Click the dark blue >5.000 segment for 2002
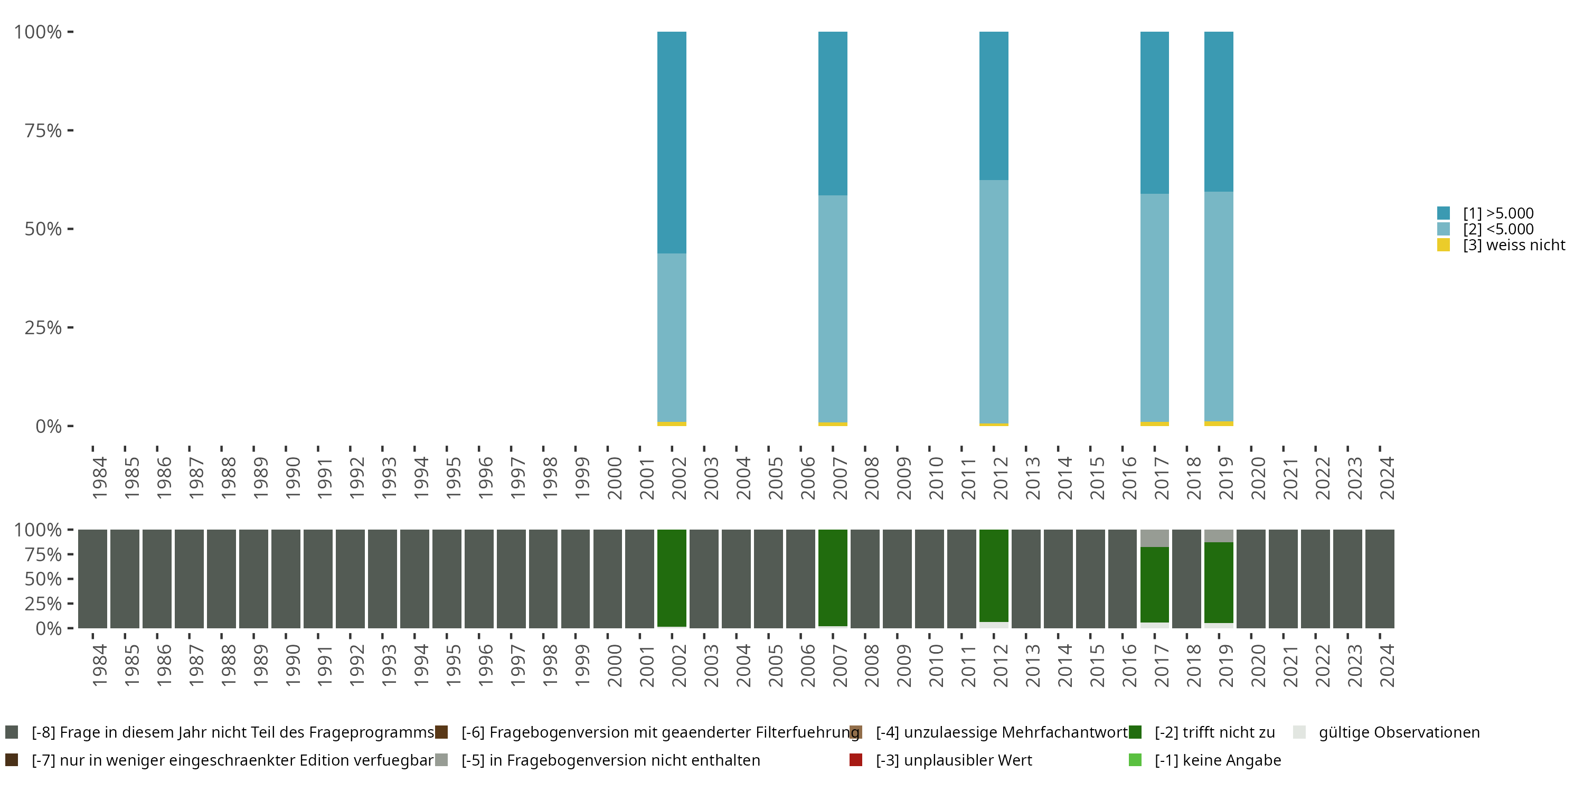(672, 142)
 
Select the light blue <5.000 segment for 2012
(994, 301)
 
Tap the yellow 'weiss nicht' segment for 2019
(1218, 423)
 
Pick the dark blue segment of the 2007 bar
(833, 114)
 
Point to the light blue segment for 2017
(1154, 307)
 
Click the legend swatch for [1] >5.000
(1443, 213)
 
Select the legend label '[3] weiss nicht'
(1513, 246)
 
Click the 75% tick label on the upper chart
(43, 130)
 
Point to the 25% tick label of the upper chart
(43, 328)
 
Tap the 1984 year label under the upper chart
(99, 478)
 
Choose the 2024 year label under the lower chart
(1387, 665)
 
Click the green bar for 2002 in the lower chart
(672, 578)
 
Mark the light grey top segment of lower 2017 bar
(1154, 538)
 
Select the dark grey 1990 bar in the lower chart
(286, 578)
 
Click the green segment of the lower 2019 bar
(1218, 582)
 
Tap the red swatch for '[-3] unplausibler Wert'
(855, 760)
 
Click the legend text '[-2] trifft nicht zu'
(1214, 732)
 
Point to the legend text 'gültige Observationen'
(1399, 732)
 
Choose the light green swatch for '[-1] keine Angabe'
(1135, 760)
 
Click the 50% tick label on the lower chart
(43, 579)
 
